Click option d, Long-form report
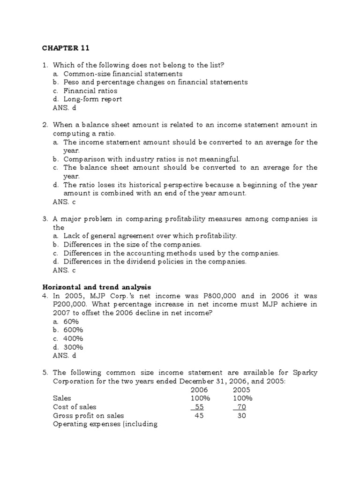coord(92,99)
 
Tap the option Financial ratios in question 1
coord(90,90)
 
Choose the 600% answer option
coord(74,330)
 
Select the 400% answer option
coord(74,338)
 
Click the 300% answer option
coord(74,347)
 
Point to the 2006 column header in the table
coord(199,390)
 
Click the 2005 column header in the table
coord(241,390)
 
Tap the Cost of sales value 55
coord(199,407)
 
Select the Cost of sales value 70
coord(241,407)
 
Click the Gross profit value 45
coord(199,415)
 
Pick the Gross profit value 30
coord(241,415)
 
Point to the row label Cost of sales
coord(75,407)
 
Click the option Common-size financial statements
coord(123,74)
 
